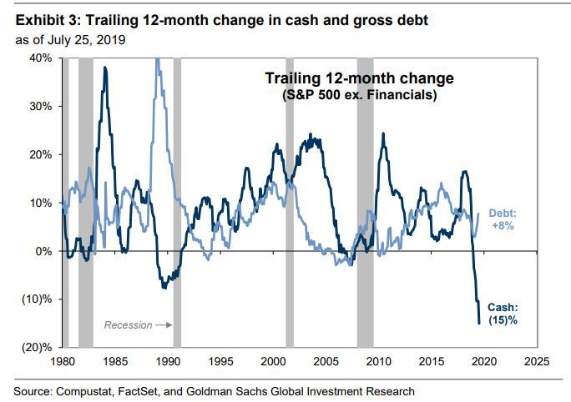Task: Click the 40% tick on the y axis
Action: pos(42,58)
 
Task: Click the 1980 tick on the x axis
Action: pos(63,363)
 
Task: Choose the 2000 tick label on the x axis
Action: pos(273,363)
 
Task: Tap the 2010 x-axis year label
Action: pos(379,363)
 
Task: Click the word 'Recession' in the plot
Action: pos(128,325)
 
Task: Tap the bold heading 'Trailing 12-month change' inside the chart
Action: pos(359,78)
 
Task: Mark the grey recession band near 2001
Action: pos(290,200)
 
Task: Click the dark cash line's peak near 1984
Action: pos(105,68)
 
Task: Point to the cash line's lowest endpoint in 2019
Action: pos(479,324)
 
